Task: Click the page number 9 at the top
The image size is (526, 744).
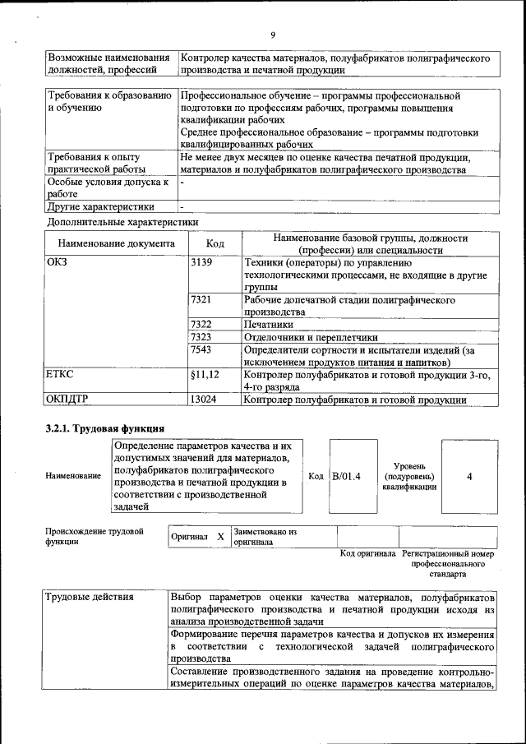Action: (x=272, y=35)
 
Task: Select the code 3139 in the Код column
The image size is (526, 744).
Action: (x=201, y=262)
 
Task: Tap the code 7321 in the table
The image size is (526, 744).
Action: (x=201, y=300)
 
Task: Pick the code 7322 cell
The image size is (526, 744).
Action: (x=201, y=324)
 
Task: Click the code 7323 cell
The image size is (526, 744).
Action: (x=201, y=337)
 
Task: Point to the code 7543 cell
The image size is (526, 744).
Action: (x=201, y=349)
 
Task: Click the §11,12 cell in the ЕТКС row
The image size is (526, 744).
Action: (x=205, y=375)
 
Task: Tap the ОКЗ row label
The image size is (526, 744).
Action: (x=58, y=262)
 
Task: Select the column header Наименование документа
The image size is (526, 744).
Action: (x=116, y=244)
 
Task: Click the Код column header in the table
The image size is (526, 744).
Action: (x=215, y=244)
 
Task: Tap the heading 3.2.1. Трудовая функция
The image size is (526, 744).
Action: (x=105, y=428)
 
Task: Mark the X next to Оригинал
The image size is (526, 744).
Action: (x=220, y=537)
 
